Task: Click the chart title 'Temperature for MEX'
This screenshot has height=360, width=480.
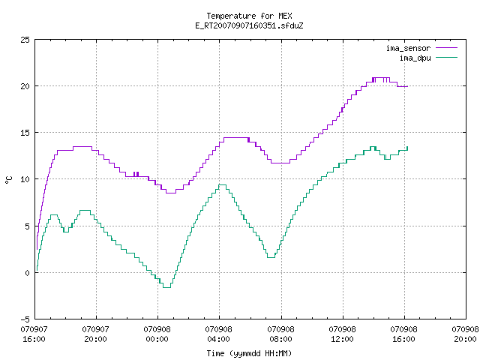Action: (x=249, y=16)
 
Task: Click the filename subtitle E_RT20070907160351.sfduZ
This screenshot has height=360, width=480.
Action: (x=249, y=25)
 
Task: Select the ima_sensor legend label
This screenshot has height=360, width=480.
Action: (x=408, y=48)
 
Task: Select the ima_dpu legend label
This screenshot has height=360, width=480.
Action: (x=415, y=58)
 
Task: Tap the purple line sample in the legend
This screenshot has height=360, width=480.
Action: (x=446, y=48)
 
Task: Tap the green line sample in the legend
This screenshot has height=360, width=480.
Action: (x=446, y=57)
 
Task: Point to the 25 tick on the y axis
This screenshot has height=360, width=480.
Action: (x=25, y=40)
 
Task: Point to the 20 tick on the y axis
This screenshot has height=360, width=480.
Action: (x=25, y=86)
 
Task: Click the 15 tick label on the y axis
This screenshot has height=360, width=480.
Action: (x=25, y=133)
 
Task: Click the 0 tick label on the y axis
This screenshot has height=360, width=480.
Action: (x=27, y=272)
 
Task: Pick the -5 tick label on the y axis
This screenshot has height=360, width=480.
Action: (x=25, y=319)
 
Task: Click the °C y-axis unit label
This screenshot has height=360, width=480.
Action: (x=8, y=180)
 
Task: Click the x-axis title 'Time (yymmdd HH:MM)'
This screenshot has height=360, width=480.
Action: (x=249, y=353)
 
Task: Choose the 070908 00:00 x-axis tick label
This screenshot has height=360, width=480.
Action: (x=157, y=334)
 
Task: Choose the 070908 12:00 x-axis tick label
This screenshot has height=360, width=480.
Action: (x=342, y=334)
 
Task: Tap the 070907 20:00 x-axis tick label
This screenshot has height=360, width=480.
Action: (x=95, y=334)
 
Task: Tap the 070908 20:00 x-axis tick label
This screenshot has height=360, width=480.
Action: (x=465, y=334)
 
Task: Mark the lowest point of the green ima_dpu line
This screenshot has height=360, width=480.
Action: (x=166, y=287)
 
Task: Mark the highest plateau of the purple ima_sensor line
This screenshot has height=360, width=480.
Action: (x=381, y=78)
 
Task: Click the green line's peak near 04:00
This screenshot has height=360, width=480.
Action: (x=222, y=185)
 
